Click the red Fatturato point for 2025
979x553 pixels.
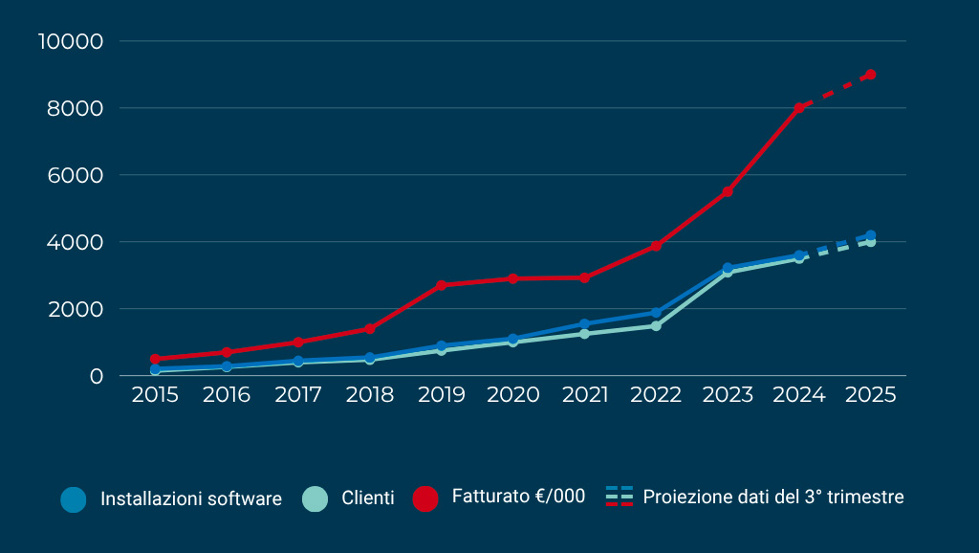pos(870,75)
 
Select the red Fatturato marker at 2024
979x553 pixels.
pos(799,108)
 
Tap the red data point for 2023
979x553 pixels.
pos(728,192)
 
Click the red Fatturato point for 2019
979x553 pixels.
pos(441,285)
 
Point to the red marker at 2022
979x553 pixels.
pos(656,246)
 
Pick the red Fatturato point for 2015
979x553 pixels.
pos(155,359)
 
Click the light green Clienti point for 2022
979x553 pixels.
pos(656,326)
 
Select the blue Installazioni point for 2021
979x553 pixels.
pos(584,324)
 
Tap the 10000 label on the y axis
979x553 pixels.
pos(70,41)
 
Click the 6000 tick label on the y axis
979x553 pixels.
pos(76,175)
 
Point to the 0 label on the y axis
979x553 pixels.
pos(96,376)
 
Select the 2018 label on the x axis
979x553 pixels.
pos(370,395)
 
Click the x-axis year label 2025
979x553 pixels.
pos(871,395)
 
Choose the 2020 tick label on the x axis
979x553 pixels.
pos(512,395)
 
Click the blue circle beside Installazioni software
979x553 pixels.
pos(74,498)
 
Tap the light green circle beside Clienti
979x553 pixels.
pos(315,498)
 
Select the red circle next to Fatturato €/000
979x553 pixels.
pos(425,498)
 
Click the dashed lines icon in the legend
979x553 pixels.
pos(620,497)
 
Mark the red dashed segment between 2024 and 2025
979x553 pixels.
pos(835,91)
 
